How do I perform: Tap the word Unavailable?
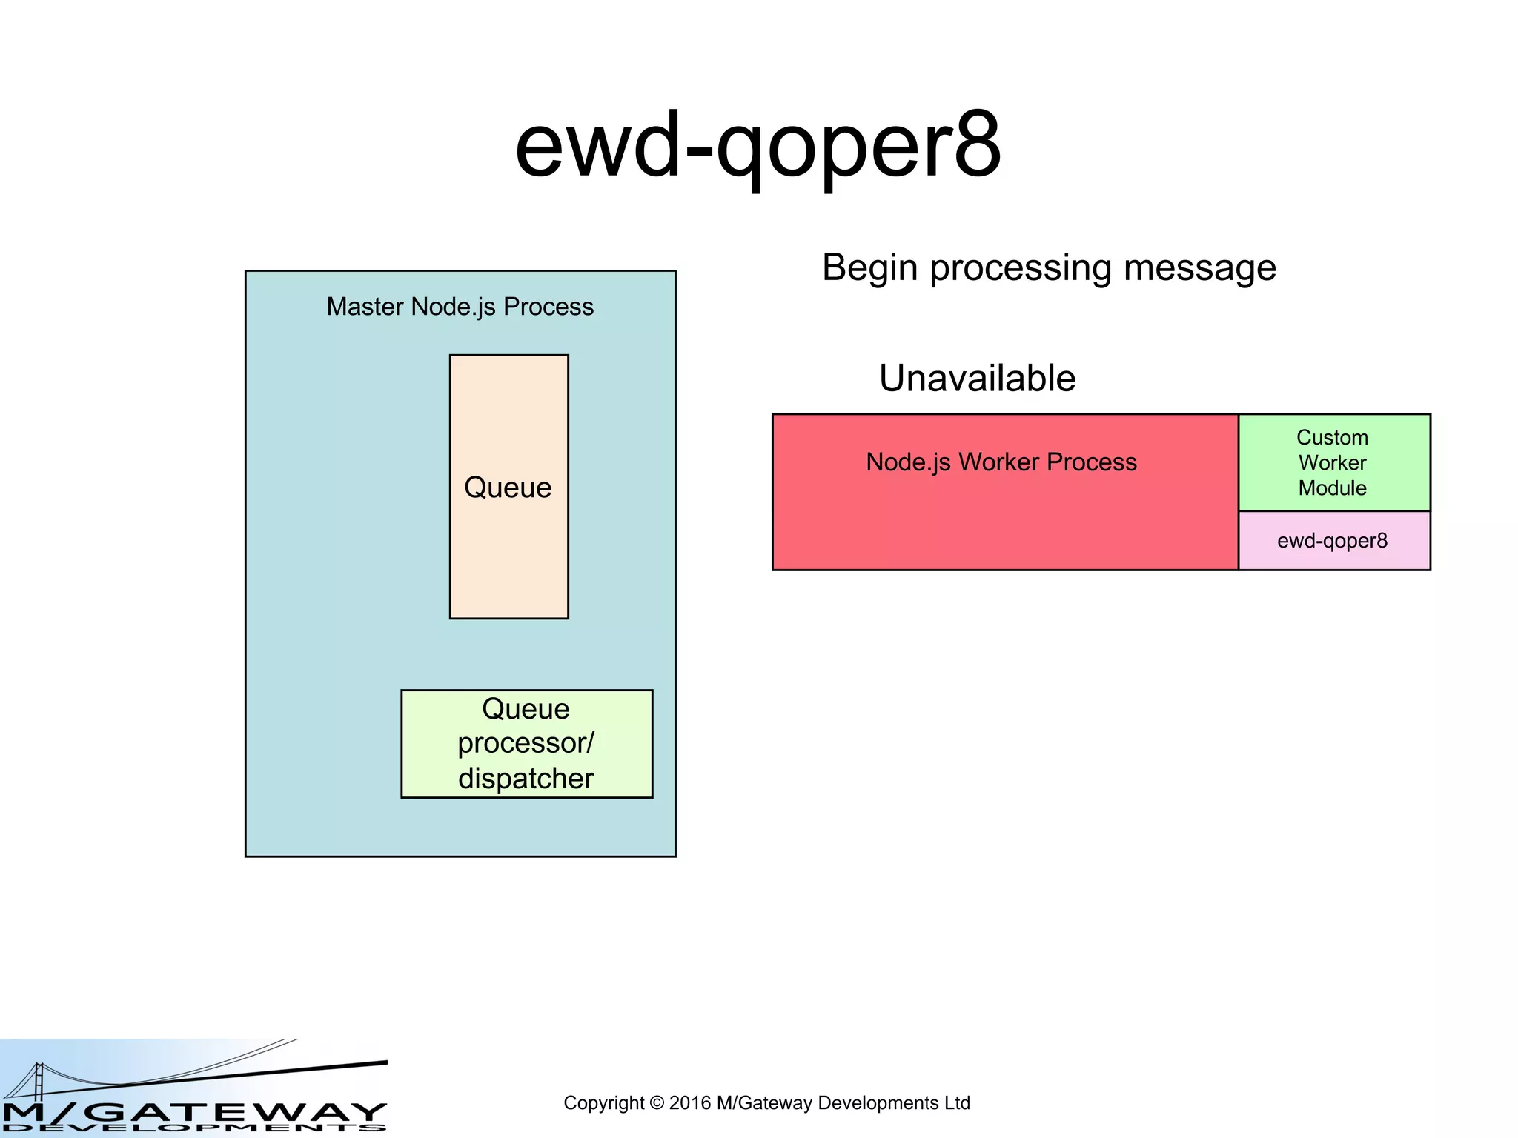pos(977,379)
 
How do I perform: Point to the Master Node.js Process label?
pos(460,307)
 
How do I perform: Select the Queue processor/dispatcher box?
pos(526,743)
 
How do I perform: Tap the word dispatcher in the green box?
pos(526,779)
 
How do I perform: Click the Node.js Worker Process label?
pos(1001,462)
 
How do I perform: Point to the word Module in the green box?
pos(1332,488)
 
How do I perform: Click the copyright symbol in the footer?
pos(656,1103)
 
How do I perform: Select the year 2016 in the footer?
pos(689,1103)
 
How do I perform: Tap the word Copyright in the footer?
pos(603,1103)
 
